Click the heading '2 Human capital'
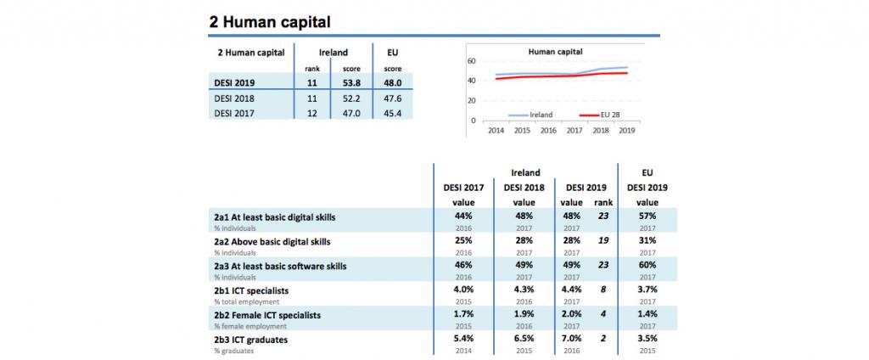pyautogui.click(x=269, y=21)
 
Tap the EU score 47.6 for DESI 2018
pyautogui.click(x=392, y=98)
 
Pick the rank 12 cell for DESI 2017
pyautogui.click(x=312, y=111)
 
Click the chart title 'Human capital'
pyautogui.click(x=555, y=52)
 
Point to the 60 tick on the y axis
pyautogui.click(x=471, y=61)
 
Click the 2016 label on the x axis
pyautogui.click(x=548, y=131)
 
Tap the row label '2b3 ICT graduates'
pyautogui.click(x=251, y=340)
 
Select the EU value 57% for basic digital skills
pyautogui.click(x=647, y=217)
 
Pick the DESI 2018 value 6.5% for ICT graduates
pyautogui.click(x=524, y=340)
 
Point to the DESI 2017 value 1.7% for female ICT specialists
pyautogui.click(x=463, y=315)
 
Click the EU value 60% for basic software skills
pyautogui.click(x=647, y=266)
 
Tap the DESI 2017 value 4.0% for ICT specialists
pyautogui.click(x=463, y=290)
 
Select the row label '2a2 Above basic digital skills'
pyautogui.click(x=272, y=241)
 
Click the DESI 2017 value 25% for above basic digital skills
pyautogui.click(x=463, y=241)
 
